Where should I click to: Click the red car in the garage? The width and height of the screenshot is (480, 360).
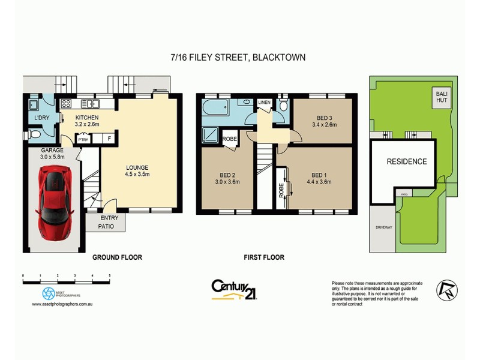pos(54,200)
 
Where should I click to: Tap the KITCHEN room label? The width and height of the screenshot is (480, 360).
pos(86,118)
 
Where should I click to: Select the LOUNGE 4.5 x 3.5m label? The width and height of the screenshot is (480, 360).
pos(140,171)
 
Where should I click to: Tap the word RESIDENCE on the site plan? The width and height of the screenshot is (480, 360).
pos(406,161)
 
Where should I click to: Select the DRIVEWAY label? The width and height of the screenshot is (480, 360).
pos(383,228)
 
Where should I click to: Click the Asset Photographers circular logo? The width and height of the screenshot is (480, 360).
pos(49,293)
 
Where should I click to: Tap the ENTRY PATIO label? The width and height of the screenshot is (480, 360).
pos(109,222)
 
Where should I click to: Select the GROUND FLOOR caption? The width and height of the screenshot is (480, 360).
pos(116,257)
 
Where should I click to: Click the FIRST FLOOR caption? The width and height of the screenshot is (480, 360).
pos(264,257)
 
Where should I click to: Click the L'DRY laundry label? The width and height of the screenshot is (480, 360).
pos(41,118)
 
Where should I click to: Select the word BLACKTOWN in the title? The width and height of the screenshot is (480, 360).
pos(279,58)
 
